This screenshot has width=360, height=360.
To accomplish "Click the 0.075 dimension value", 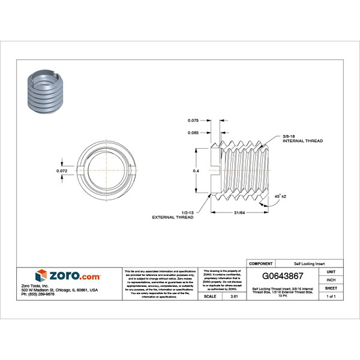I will click(193, 120).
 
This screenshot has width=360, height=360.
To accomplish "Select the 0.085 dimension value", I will click(193, 132).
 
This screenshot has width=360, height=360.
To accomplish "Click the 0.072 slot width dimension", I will click(61, 171).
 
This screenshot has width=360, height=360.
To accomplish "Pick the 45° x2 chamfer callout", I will click(280, 196).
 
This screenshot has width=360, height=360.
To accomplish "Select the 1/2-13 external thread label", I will click(173, 214).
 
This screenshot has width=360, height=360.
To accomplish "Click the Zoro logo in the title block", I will click(68, 276).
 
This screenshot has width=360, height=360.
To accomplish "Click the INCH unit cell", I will click(331, 280).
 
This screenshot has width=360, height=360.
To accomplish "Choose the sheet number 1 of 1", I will click(331, 296).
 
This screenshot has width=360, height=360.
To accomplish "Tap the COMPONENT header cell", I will click(261, 263).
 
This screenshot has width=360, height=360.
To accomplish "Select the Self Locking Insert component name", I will click(308, 263).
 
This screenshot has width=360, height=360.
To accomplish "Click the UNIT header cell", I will click(331, 272).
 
